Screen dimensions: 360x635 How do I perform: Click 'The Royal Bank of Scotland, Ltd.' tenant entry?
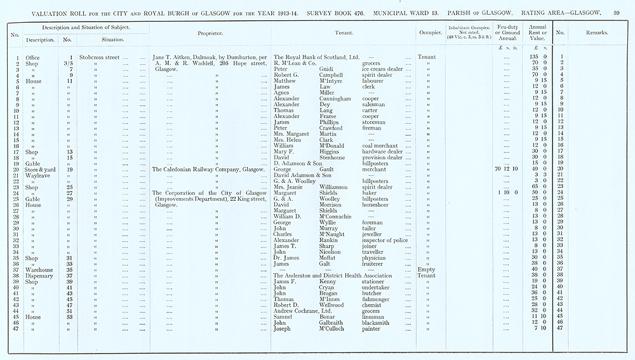point(316,58)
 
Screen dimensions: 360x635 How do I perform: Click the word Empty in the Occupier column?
point(427,270)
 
